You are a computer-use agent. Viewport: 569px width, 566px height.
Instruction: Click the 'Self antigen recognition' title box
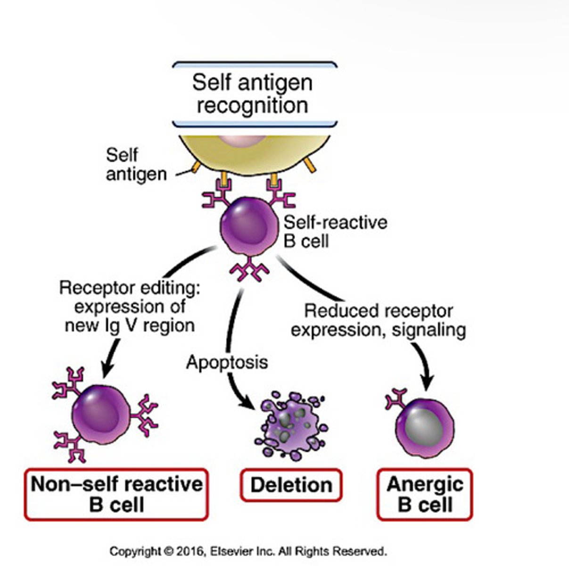(254, 94)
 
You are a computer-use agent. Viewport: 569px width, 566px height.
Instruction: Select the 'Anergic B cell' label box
(425, 494)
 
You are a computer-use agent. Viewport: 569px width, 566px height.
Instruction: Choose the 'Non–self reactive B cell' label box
(116, 494)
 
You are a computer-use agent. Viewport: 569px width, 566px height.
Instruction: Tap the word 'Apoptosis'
(227, 362)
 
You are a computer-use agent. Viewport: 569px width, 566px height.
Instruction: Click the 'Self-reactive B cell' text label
(335, 232)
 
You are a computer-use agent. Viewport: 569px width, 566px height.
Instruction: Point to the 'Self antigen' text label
(136, 165)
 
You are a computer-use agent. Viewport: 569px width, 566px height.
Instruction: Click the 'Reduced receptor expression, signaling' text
(378, 320)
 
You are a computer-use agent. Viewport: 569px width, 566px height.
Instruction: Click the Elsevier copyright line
(248, 551)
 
